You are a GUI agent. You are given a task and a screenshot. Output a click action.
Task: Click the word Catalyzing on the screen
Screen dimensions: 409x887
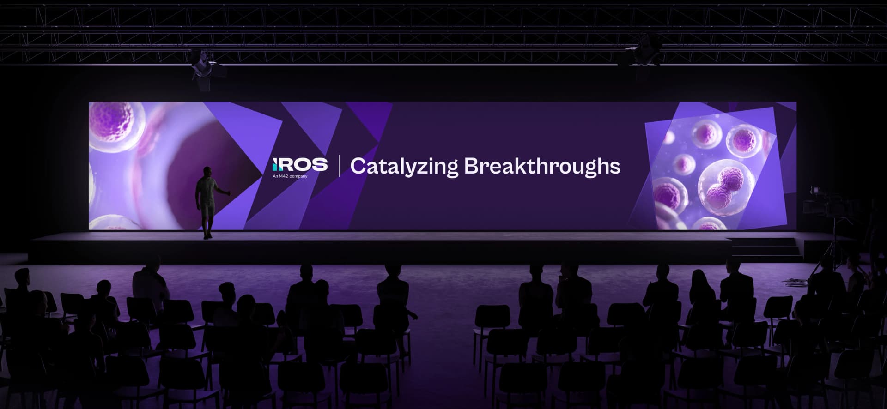(x=404, y=166)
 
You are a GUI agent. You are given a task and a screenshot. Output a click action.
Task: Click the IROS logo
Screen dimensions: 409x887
(x=300, y=165)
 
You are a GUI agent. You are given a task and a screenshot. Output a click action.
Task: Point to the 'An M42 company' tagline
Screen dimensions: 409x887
(x=290, y=176)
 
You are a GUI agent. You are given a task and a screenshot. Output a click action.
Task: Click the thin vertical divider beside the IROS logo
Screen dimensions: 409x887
(x=340, y=166)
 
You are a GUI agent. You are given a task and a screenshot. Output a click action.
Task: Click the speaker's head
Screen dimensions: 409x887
(x=207, y=171)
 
